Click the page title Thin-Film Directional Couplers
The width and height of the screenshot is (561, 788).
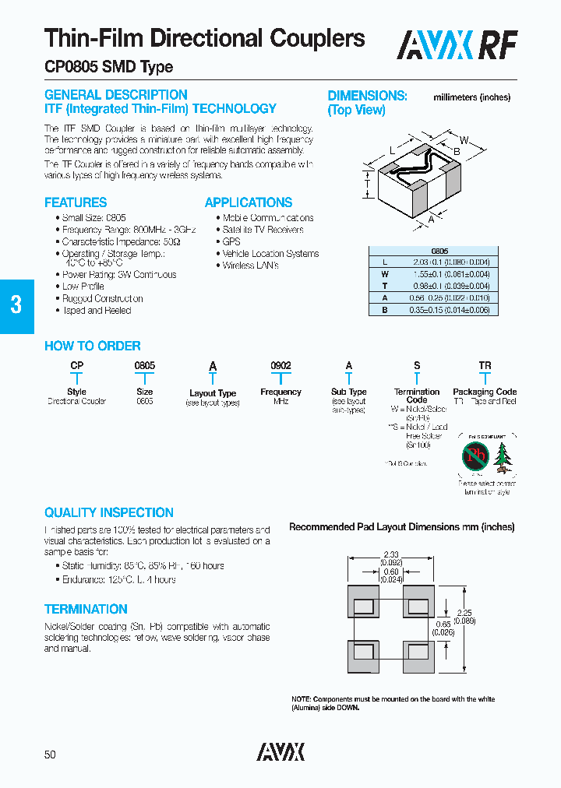(204, 38)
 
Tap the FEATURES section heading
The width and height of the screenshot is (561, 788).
(76, 202)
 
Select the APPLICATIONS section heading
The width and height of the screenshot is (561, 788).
(249, 202)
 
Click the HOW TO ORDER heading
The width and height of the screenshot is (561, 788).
(92, 347)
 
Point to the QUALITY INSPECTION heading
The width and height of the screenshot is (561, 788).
(108, 512)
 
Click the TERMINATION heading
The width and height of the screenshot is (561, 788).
(86, 609)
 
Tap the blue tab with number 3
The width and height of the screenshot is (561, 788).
(16, 304)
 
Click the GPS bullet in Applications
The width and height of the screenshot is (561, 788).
(231, 241)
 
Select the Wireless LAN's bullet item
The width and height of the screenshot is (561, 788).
(250, 266)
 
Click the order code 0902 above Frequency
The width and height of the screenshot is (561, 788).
(280, 366)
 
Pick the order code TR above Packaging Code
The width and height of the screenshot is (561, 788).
(485, 366)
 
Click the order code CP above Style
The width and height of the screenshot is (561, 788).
(76, 366)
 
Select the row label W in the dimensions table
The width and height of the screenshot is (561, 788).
(384, 274)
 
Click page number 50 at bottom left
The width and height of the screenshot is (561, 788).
(50, 755)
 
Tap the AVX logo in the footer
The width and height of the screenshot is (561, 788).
(280, 751)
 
